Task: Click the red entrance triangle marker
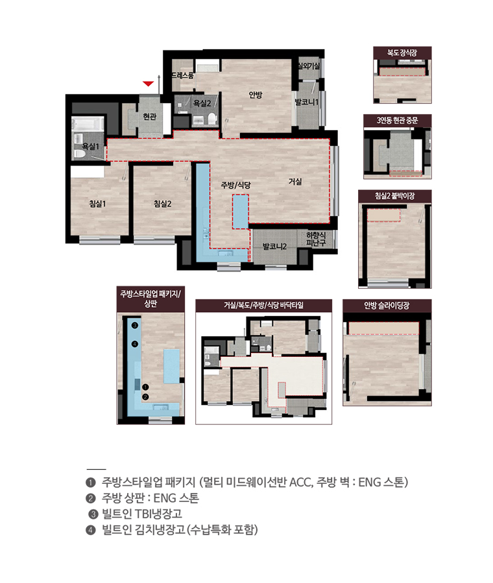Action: (148, 84)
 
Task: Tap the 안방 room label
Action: (256, 95)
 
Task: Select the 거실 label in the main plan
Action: (295, 181)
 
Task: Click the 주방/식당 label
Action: (235, 185)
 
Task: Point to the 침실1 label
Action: (97, 203)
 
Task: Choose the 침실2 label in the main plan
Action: (162, 203)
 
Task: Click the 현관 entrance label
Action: (150, 117)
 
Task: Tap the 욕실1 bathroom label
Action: (90, 146)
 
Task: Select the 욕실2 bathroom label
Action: (202, 103)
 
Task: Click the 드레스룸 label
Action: (182, 76)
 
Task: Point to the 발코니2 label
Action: (274, 246)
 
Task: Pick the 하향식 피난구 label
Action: (316, 238)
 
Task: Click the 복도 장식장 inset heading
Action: (402, 53)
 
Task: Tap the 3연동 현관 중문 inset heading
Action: (397, 120)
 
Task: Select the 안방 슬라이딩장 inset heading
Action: (387, 306)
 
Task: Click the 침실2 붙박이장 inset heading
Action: (394, 196)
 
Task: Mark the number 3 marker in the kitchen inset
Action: (135, 325)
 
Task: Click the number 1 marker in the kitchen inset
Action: (145, 387)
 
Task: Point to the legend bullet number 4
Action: (90, 529)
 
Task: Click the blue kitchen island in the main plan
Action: (241, 211)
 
